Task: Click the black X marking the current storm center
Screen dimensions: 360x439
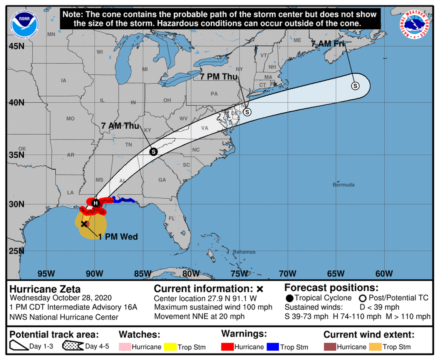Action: [x=84, y=224]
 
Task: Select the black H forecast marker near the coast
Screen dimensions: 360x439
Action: [x=96, y=203]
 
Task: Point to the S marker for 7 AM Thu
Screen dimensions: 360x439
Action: [x=153, y=152]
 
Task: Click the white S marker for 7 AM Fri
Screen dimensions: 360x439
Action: [x=355, y=86]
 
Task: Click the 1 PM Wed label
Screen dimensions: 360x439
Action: [x=118, y=237]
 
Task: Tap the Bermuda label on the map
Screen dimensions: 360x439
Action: [x=343, y=185]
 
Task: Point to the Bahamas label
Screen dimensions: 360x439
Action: [x=244, y=252]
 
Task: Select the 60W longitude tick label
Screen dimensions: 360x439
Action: [x=384, y=274]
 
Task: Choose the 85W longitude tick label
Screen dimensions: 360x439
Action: [x=142, y=274]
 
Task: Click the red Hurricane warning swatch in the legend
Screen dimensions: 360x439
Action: [x=227, y=347]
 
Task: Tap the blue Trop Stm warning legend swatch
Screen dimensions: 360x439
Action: [x=273, y=347]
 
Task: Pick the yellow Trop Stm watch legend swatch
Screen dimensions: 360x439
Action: [x=170, y=347]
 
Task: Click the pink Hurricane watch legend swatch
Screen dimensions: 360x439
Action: [x=125, y=347]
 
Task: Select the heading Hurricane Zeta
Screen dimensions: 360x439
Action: [x=45, y=289]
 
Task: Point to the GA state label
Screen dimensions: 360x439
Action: [x=162, y=180]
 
